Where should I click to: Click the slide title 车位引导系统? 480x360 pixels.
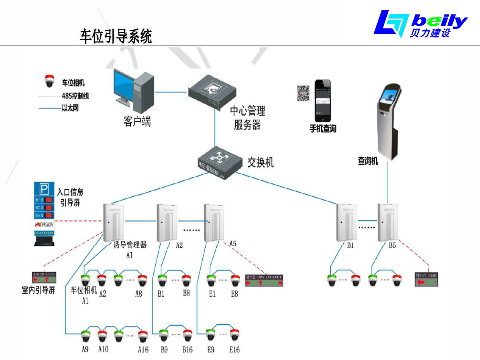click(x=116, y=37)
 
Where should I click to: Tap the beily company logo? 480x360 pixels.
click(x=421, y=23)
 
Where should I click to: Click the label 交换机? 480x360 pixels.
click(x=260, y=163)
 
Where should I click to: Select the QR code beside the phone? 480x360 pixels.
click(x=303, y=93)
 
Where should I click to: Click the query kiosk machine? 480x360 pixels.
click(x=387, y=117)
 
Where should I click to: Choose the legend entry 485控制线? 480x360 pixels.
click(x=75, y=96)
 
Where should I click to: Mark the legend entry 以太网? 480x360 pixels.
click(x=70, y=108)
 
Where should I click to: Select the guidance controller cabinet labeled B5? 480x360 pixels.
click(x=387, y=222)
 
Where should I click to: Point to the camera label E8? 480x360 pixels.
click(x=235, y=293)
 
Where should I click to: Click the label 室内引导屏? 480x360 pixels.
click(x=38, y=291)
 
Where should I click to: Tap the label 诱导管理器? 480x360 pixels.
click(x=130, y=245)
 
